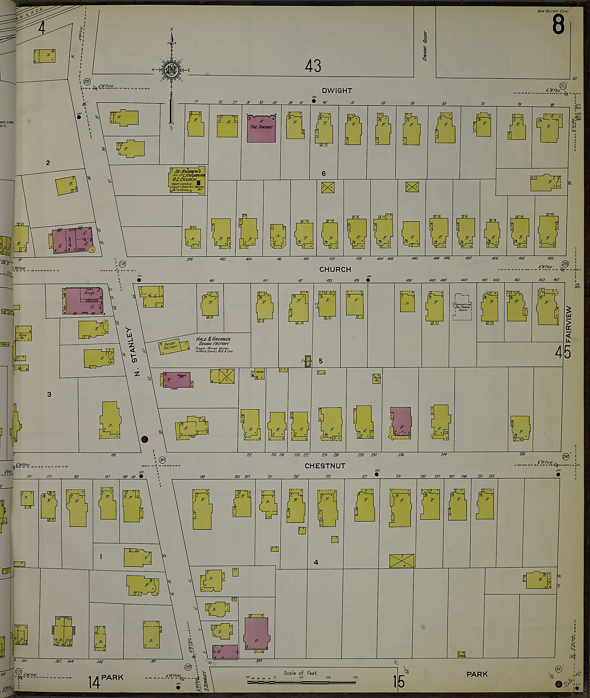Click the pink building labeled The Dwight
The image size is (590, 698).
point(261,129)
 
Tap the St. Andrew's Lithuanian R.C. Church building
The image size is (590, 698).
point(187,180)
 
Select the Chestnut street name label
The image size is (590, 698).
point(324,466)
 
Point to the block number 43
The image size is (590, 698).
point(313,66)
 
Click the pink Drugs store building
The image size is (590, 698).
point(84,301)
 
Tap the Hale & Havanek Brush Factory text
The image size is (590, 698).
point(213,341)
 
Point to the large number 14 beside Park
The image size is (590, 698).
point(94,682)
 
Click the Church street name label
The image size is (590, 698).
point(335,269)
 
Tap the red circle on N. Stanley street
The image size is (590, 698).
point(145,439)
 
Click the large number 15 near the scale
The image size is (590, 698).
point(398,682)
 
